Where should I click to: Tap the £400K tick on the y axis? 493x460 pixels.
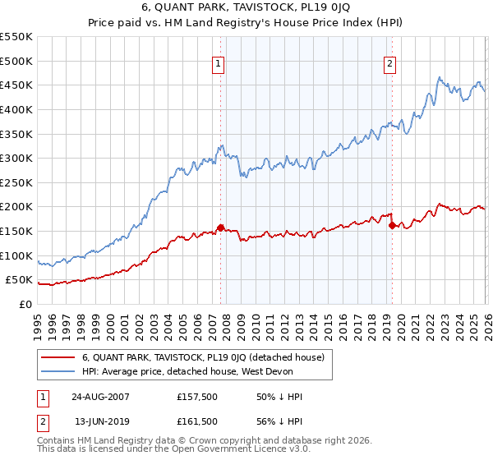pyautogui.click(x=16, y=109)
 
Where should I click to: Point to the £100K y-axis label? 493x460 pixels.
pyautogui.click(x=16, y=255)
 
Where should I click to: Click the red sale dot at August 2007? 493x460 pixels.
pyautogui.click(x=220, y=228)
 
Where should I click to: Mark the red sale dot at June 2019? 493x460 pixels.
pyautogui.click(x=391, y=225)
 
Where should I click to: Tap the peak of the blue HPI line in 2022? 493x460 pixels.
pyautogui.click(x=440, y=77)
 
